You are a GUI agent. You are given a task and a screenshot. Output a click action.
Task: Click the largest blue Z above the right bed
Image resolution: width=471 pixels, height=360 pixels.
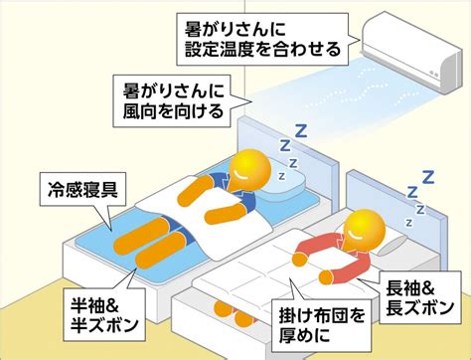(428, 180)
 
